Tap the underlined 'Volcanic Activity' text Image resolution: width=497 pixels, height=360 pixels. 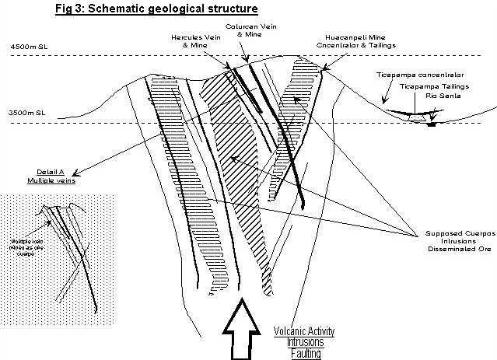click(x=304, y=331)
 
